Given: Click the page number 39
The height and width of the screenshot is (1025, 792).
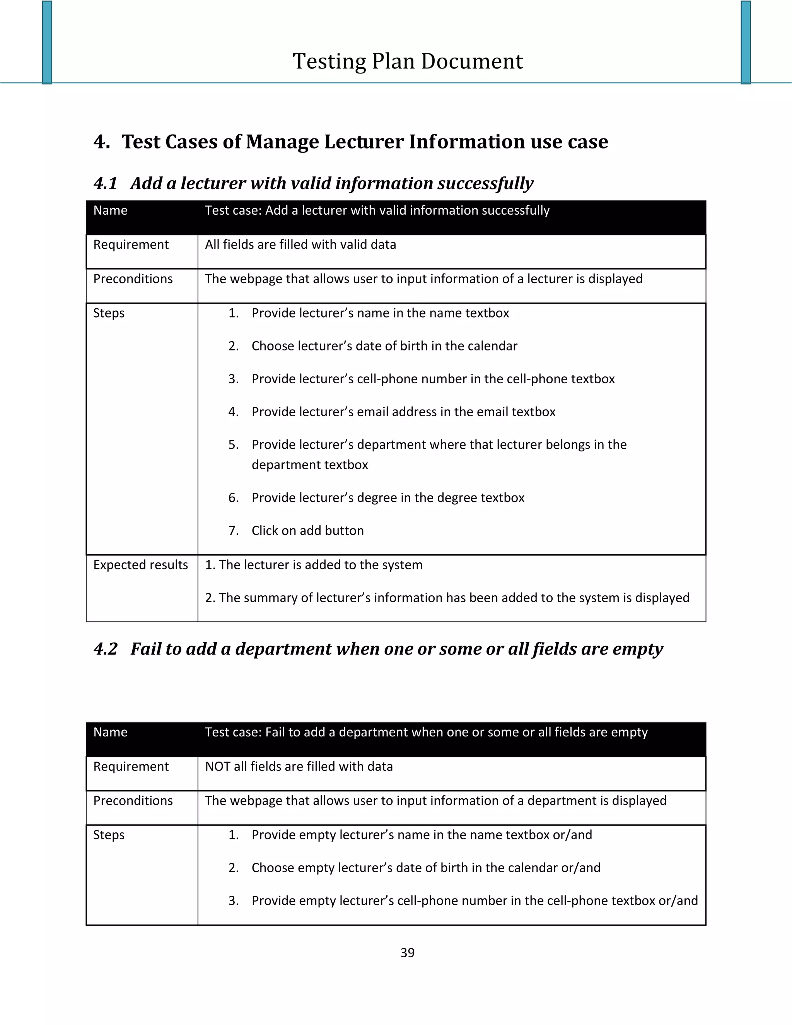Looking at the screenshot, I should pyautogui.click(x=407, y=952).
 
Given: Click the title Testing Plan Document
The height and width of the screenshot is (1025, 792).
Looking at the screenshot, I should pyautogui.click(x=407, y=61).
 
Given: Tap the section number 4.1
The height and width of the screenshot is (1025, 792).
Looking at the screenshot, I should pyautogui.click(x=105, y=183).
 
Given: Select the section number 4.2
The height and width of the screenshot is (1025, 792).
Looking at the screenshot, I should pyautogui.click(x=105, y=649).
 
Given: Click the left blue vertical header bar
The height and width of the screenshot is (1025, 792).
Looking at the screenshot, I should pyautogui.click(x=47, y=42).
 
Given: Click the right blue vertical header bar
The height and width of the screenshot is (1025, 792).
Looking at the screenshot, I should pyautogui.click(x=746, y=42).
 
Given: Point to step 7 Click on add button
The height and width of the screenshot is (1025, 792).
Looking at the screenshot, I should pyautogui.click(x=307, y=530).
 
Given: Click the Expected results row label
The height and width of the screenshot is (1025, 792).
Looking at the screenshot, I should pyautogui.click(x=140, y=565).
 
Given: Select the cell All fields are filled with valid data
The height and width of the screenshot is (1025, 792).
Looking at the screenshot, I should pyautogui.click(x=300, y=244).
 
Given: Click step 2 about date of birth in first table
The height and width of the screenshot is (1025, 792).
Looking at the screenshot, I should pyautogui.click(x=384, y=346).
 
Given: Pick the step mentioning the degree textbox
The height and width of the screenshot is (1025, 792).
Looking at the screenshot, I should pyautogui.click(x=387, y=497).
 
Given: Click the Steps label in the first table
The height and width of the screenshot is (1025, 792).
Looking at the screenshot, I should pyautogui.click(x=109, y=313).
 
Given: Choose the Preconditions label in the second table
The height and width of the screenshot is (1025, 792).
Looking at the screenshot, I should pyautogui.click(x=133, y=801).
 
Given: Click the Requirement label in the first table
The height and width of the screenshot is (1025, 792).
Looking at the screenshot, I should pyautogui.click(x=131, y=244).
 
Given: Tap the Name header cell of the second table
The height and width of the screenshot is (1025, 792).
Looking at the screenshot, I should pyautogui.click(x=110, y=732).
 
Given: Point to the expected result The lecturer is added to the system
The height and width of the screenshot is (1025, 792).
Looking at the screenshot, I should pyautogui.click(x=320, y=565).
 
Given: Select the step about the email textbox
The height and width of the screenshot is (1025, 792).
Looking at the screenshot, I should pyautogui.click(x=403, y=412).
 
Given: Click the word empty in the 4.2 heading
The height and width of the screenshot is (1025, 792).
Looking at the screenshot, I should pyautogui.click(x=638, y=649).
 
